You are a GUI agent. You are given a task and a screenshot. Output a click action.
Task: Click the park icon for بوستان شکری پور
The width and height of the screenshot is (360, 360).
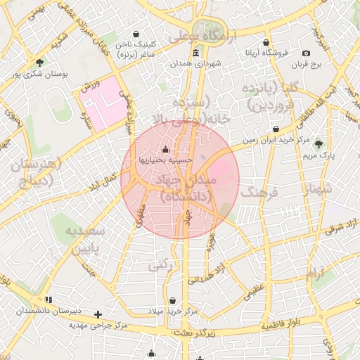point(39,62)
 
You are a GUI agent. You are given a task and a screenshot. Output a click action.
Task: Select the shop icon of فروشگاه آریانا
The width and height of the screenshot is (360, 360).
point(266,42)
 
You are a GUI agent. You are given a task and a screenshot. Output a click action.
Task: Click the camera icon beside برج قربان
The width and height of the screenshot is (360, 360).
point(306,53)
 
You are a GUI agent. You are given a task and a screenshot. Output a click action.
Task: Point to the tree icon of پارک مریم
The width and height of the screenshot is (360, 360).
point(319,143)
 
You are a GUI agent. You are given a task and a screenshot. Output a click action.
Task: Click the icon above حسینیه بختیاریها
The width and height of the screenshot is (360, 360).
point(165,149)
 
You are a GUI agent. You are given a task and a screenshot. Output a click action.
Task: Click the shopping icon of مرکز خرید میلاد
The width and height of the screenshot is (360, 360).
point(172,300)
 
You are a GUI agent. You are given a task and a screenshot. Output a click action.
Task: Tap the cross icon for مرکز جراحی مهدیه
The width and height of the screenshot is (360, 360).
point(98,314)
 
